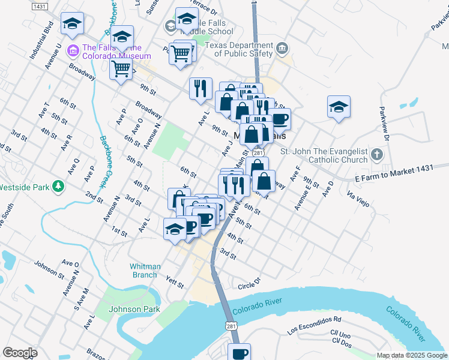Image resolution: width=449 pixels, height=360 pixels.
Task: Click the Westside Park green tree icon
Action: pyautogui.click(x=58, y=187)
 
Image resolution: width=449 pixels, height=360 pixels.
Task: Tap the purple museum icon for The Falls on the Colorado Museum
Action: pyautogui.click(x=74, y=49)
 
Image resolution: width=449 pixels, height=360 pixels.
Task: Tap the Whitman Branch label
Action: pyautogui.click(x=145, y=271)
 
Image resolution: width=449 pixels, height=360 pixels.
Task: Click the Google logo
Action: pyautogui.click(x=20, y=353)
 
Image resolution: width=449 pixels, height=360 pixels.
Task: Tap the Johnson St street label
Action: pyautogui.click(x=49, y=269)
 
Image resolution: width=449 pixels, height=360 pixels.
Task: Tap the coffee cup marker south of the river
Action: pyautogui.click(x=240, y=353)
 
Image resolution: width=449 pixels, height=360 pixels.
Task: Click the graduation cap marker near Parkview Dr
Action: pyautogui.click(x=339, y=107)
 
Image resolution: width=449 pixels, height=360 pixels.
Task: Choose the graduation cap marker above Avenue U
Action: pyautogui.click(x=73, y=23)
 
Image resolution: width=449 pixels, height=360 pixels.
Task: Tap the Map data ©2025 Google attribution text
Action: pyautogui.click(x=412, y=355)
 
